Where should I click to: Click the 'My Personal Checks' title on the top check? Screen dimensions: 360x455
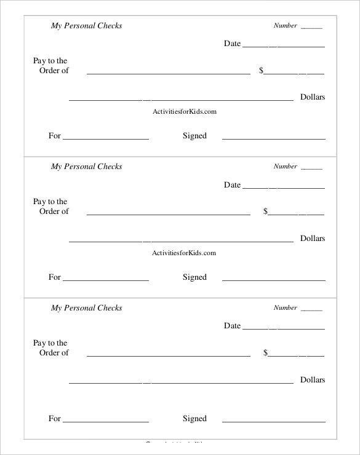[x=86, y=26]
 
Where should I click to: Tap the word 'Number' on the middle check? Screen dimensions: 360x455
[x=285, y=167]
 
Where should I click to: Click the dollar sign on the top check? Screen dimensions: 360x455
[x=262, y=71]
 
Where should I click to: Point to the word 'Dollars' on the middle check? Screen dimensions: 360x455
[x=312, y=239]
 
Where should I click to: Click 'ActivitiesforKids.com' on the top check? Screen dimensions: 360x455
[x=184, y=112]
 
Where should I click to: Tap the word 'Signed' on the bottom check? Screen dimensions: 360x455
[x=194, y=419]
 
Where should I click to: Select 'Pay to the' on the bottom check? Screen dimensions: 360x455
[x=50, y=343]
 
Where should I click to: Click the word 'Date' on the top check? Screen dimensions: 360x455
[x=232, y=44]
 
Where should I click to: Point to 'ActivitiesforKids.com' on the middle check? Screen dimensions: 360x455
[x=184, y=253]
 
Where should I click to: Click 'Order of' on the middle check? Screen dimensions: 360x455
[x=54, y=212]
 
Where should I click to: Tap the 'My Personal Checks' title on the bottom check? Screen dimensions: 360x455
[x=86, y=308]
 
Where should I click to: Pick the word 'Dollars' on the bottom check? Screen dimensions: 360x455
[x=312, y=380]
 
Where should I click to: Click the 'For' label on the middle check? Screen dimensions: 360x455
[x=55, y=277]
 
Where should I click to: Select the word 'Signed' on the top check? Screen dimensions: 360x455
[x=194, y=136]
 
